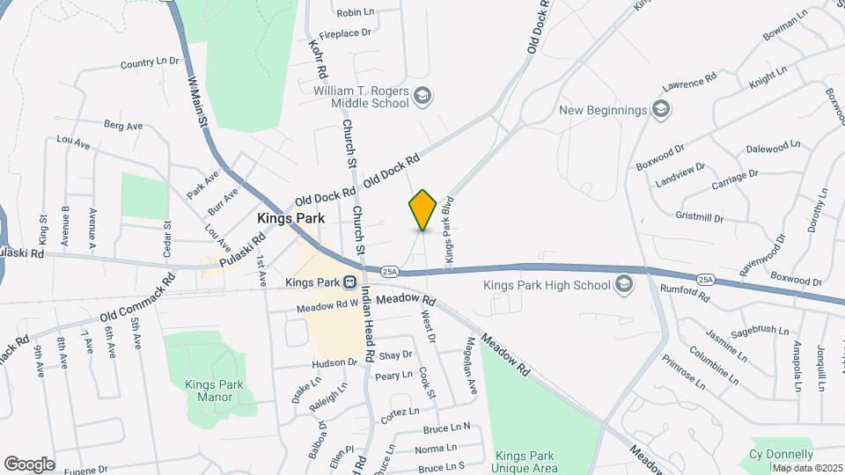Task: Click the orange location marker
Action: (423, 210)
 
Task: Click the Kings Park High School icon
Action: (624, 283)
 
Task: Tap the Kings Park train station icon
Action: (349, 283)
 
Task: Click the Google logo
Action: (29, 464)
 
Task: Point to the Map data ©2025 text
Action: (807, 468)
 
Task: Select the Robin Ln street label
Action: (356, 12)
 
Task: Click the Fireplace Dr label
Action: (346, 33)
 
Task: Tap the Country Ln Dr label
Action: (150, 63)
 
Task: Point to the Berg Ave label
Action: (122, 126)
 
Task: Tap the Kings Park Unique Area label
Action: (525, 462)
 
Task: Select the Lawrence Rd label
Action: (691, 85)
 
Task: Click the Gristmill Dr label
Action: (700, 217)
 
